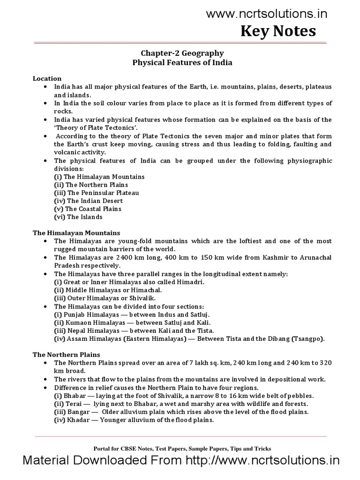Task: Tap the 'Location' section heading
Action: pos(47,78)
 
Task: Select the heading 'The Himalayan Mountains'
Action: pos(76,232)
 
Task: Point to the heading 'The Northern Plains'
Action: pos(66,354)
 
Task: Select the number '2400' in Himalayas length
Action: pos(114,257)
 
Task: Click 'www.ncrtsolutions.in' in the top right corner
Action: pos(267,15)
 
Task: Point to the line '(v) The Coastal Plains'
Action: pos(88,209)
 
